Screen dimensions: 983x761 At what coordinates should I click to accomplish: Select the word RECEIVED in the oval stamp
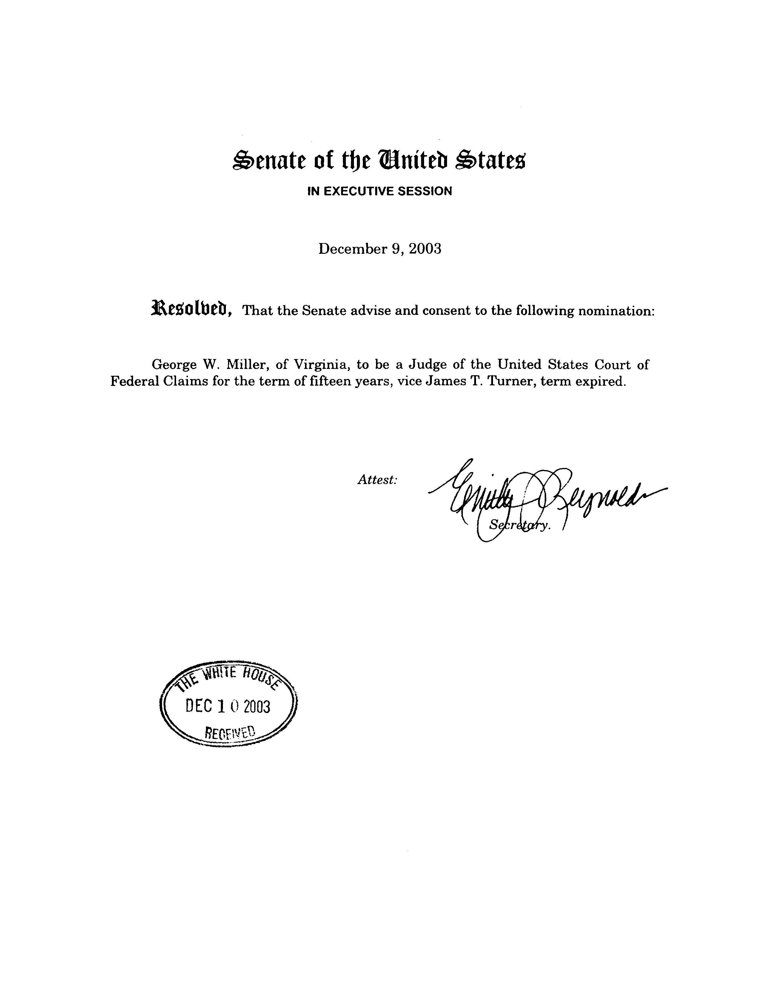[x=230, y=732]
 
